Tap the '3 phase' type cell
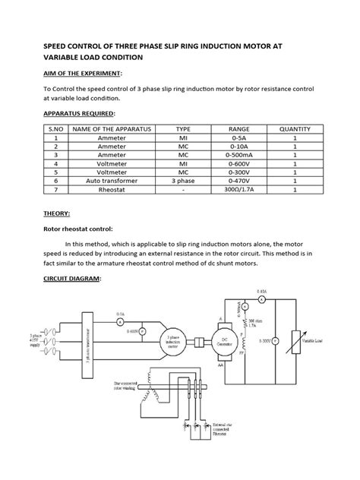coord(183,182)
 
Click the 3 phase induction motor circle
coord(174,344)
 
